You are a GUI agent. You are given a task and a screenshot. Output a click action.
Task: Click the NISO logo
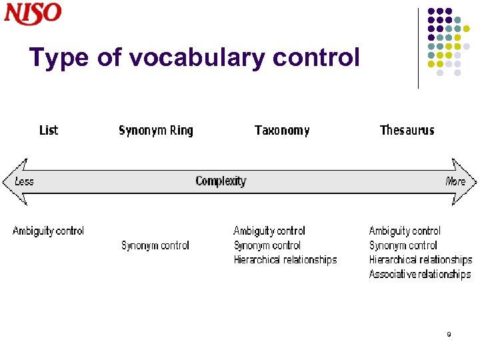tap(33, 13)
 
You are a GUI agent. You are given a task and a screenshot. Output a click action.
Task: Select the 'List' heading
tap(49, 130)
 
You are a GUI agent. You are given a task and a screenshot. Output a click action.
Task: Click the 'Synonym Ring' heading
tap(156, 131)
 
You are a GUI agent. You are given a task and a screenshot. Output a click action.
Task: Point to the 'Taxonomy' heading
tap(282, 131)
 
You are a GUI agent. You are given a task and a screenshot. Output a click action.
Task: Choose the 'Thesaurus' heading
tap(407, 130)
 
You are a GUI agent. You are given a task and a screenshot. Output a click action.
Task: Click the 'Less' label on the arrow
tap(25, 181)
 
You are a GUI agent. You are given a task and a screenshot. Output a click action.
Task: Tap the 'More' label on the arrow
tap(455, 181)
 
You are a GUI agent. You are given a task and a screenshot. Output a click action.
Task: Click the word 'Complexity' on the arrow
tap(221, 181)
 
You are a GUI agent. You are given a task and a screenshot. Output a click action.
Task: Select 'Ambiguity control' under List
tap(49, 231)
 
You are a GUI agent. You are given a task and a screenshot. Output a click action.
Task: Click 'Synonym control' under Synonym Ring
tap(155, 246)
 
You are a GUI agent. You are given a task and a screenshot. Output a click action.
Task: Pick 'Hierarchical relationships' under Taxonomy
tap(285, 260)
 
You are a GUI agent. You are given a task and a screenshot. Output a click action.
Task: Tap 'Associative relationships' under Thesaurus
tap(420, 275)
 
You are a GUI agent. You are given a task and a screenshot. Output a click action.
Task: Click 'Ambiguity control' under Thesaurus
tap(405, 231)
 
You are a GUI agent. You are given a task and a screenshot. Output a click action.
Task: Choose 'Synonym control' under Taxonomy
tap(267, 246)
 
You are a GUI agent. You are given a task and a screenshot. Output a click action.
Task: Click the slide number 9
tap(449, 335)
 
